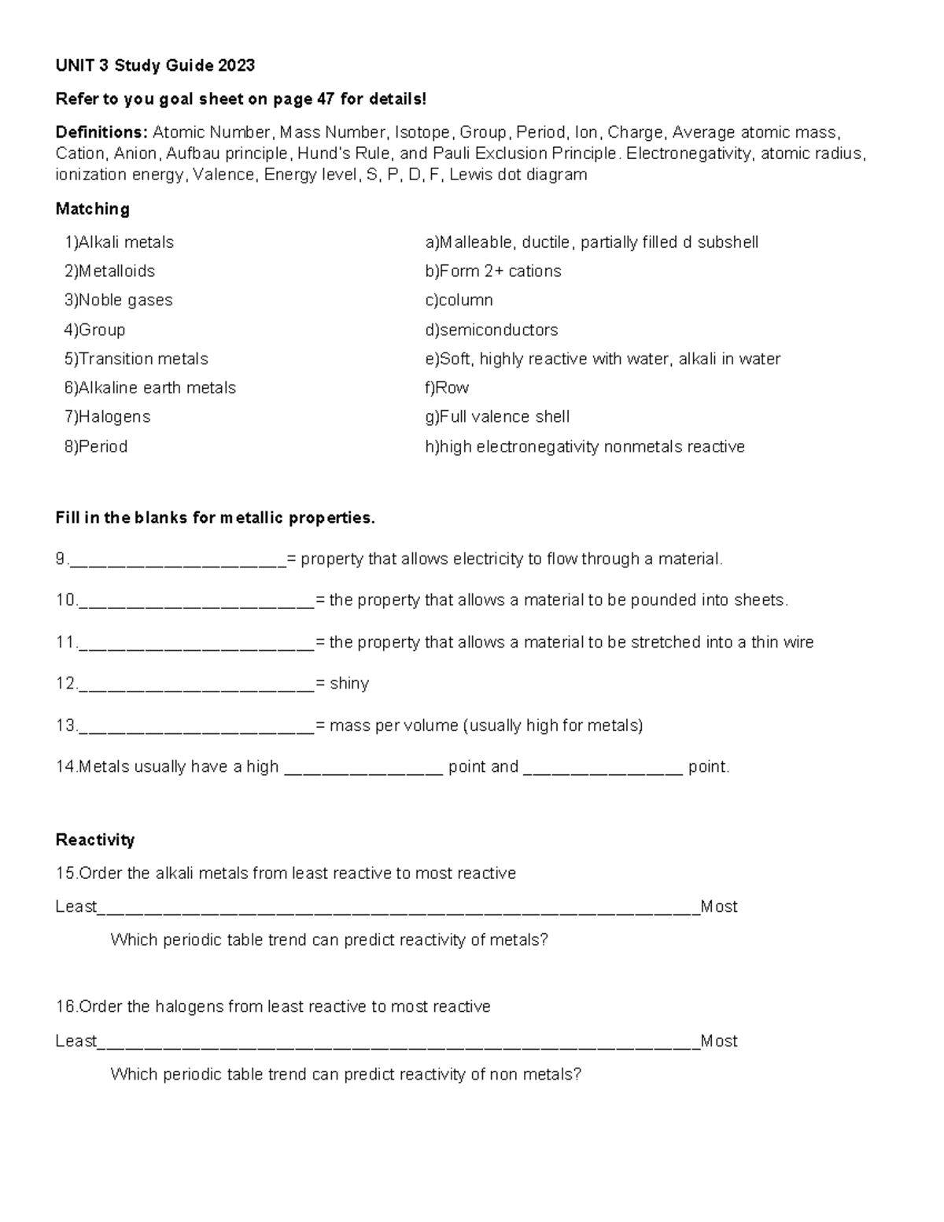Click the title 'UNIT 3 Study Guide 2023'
coord(155,65)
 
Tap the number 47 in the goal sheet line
coord(325,99)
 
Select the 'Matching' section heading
coord(92,209)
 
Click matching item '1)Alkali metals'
coord(119,242)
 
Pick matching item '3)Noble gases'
coord(118,300)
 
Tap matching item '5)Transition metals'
coord(136,359)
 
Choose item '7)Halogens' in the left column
coord(107,417)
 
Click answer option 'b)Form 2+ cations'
coord(493,271)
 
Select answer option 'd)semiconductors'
coord(492,330)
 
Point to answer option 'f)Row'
coord(447,388)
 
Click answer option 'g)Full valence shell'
coord(497,417)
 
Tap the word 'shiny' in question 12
coord(349,683)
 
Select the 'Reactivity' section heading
coord(94,840)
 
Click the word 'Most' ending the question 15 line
coord(719,906)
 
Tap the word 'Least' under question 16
coord(76,1041)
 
